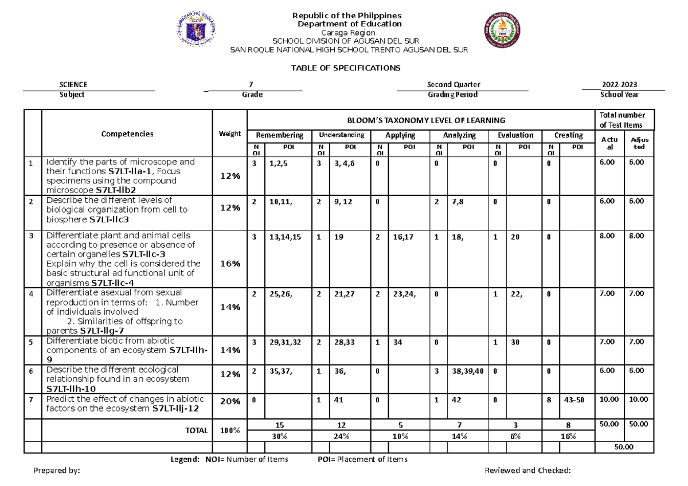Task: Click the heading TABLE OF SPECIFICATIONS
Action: (345, 68)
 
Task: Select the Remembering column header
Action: (279, 135)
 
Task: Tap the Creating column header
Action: (568, 135)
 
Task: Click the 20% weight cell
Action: (229, 402)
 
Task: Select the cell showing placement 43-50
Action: (574, 400)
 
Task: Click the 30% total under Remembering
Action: (279, 436)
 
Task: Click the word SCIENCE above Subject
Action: (77, 84)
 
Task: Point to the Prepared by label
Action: (56, 471)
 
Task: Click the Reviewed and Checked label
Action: (527, 471)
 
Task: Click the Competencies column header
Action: (127, 134)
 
